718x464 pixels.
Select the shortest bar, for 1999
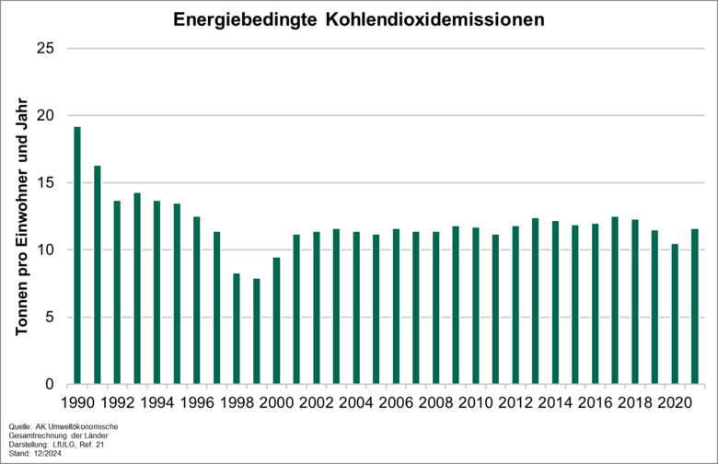coord(257,331)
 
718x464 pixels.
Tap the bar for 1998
coord(237,329)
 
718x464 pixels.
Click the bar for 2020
coord(675,314)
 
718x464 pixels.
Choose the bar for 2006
coord(396,307)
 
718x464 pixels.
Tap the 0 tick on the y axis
coord(48,385)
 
